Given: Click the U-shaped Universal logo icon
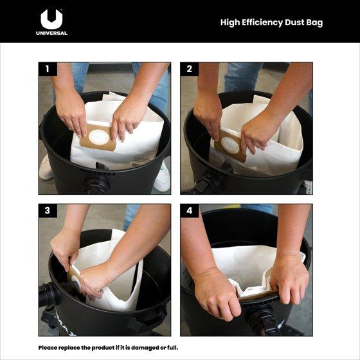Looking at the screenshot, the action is tap(51, 19).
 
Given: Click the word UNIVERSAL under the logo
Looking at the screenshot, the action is tap(51, 33).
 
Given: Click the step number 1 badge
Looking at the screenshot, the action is tap(48, 69).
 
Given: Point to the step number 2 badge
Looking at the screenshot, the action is tap(190, 69).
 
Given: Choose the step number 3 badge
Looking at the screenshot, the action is tap(48, 211).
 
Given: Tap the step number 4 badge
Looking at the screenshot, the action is tap(190, 211).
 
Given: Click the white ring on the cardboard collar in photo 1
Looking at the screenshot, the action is tap(99, 138).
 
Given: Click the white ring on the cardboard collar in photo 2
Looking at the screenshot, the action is tap(231, 145).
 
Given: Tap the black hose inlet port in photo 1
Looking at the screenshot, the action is tap(97, 184).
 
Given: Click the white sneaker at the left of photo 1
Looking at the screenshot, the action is tap(46, 168).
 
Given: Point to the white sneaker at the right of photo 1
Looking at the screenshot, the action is tap(163, 177).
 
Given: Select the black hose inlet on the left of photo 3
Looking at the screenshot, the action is tap(49, 295).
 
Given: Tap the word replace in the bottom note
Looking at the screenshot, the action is tap(67, 348).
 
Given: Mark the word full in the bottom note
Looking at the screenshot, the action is tap(173, 348).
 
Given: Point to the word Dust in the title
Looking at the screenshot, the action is tap(294, 22).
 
